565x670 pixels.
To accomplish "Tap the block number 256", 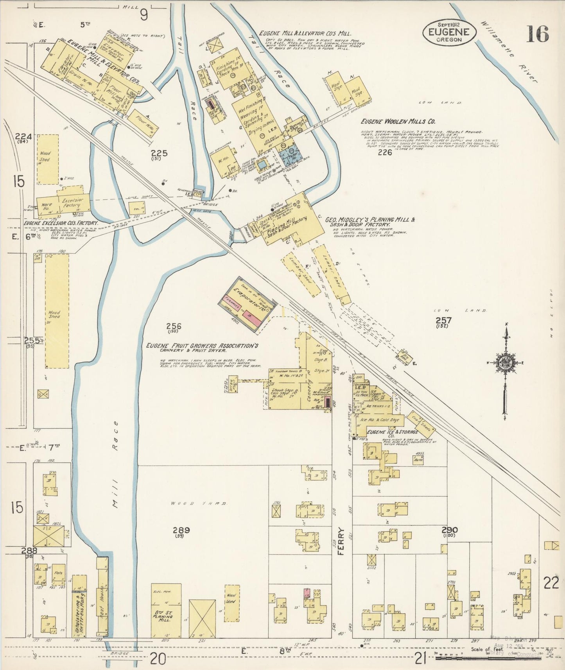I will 173,327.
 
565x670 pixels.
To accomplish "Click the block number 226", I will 385,152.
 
